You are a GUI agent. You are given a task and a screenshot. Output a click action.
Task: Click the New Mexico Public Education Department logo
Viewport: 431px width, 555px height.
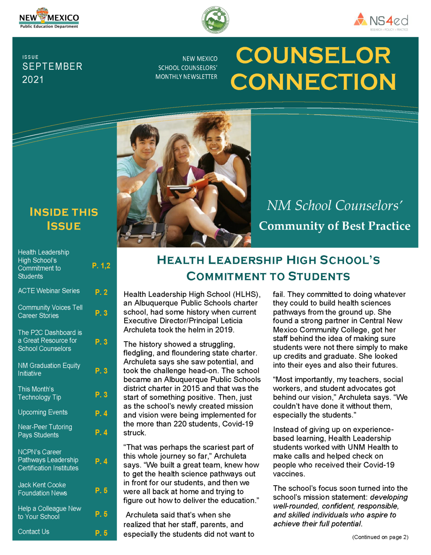pyautogui.click(x=49, y=19)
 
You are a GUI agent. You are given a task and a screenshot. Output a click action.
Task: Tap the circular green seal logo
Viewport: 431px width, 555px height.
pyautogui.click(x=215, y=20)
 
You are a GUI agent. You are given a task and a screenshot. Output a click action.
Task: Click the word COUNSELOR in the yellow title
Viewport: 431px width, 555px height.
pyautogui.click(x=313, y=56)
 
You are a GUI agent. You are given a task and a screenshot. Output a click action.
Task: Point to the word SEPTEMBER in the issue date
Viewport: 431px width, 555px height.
pyautogui.click(x=52, y=66)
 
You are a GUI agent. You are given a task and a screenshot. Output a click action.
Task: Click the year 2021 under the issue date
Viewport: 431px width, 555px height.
pyautogui.click(x=33, y=80)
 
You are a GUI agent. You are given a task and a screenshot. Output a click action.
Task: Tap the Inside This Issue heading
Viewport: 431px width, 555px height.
pyautogui.click(x=64, y=219)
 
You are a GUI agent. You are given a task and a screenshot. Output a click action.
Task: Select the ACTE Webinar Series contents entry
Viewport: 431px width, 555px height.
pyautogui.click(x=49, y=291)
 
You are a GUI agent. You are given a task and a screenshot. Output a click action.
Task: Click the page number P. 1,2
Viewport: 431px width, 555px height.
pyautogui.click(x=101, y=265)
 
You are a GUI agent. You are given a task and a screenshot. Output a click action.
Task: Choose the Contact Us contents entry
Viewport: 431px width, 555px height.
pyautogui.click(x=34, y=532)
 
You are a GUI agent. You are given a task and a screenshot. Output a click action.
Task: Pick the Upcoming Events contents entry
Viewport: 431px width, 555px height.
pyautogui.click(x=43, y=412)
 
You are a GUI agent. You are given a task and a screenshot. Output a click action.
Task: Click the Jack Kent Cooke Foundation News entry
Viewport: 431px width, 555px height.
pyautogui.click(x=42, y=489)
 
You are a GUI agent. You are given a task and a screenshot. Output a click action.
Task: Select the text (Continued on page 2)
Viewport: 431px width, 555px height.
pyautogui.click(x=380, y=537)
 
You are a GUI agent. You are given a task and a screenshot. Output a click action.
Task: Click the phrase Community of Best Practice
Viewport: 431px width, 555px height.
pyautogui.click(x=334, y=226)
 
